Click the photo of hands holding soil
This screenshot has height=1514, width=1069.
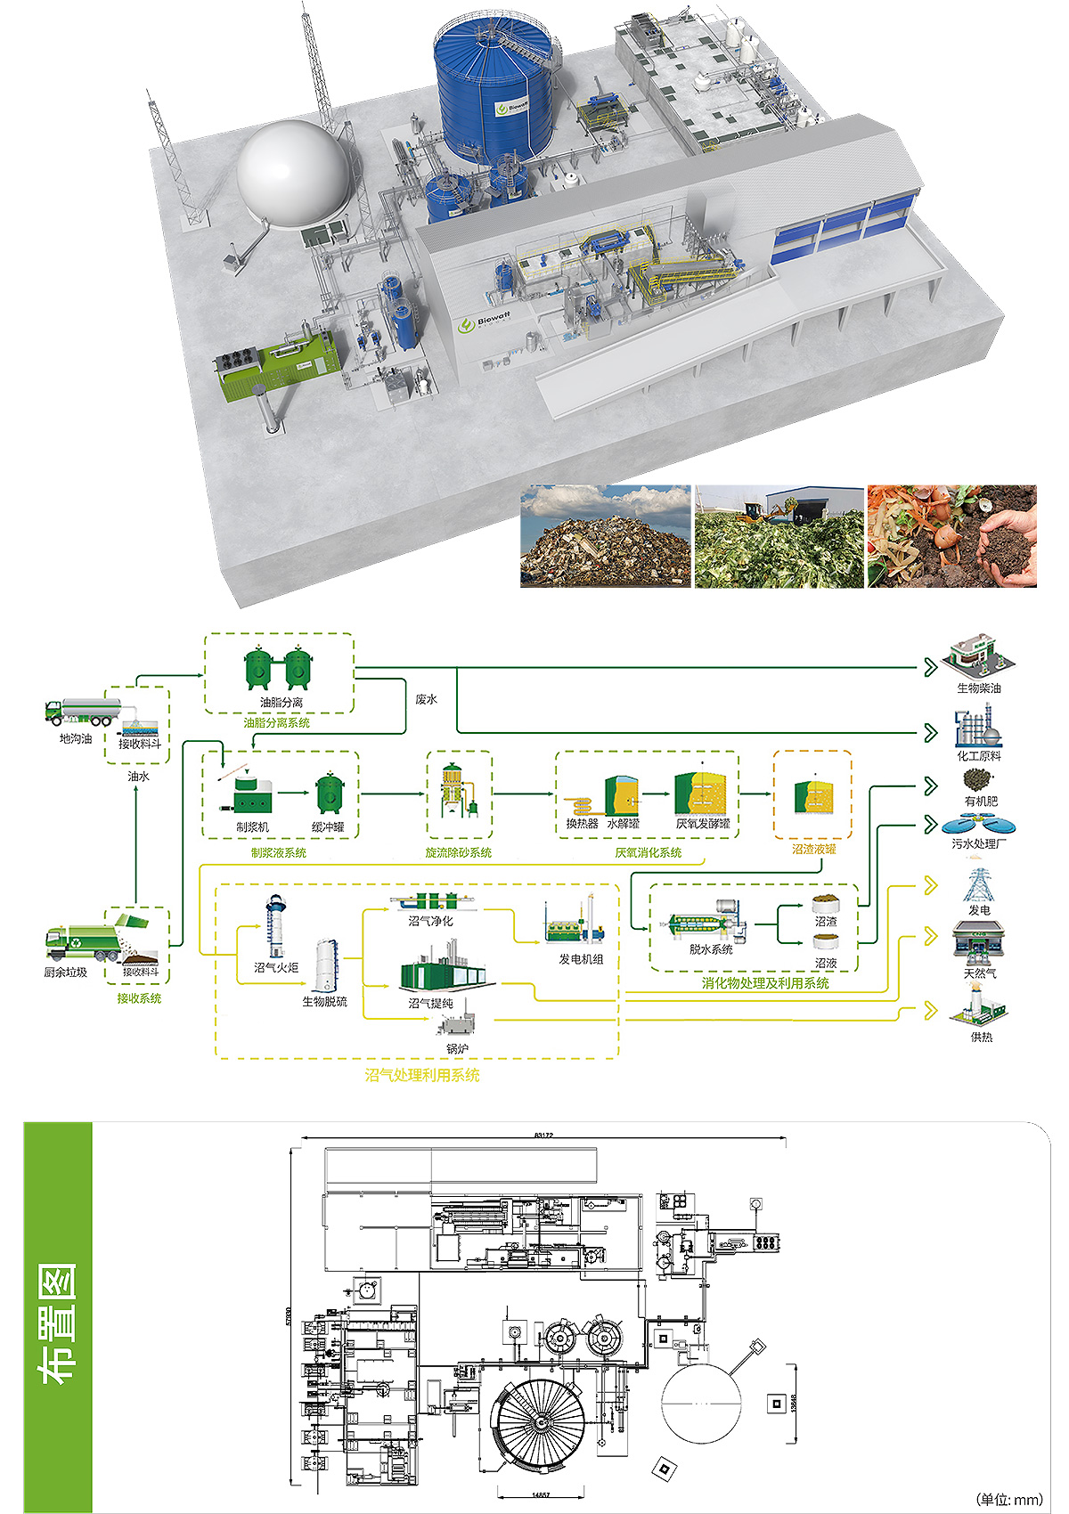952,536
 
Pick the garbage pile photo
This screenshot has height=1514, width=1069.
606,536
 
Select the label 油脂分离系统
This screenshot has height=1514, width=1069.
277,723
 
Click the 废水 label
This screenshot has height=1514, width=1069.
427,700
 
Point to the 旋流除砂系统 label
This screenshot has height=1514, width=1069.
458,853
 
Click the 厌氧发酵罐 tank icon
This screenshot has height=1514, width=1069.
703,793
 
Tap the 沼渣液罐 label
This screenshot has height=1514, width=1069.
813,850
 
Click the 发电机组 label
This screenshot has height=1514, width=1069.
581,959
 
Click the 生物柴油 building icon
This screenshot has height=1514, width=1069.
979,655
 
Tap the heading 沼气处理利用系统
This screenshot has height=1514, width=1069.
422,1076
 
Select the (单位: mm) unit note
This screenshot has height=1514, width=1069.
1008,1500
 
